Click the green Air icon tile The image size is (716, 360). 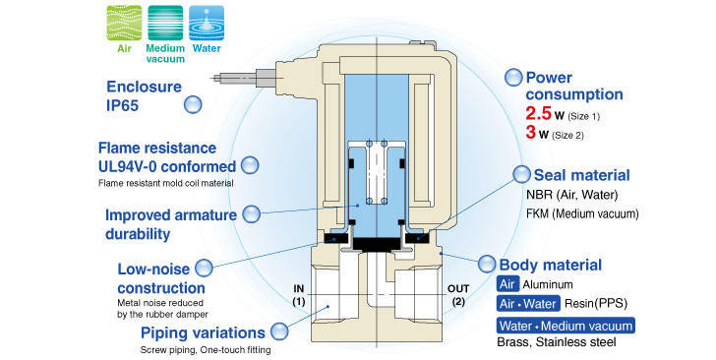pyautogui.click(x=124, y=24)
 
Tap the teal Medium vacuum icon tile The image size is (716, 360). pyautogui.click(x=165, y=24)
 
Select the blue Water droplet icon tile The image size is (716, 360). pyautogui.click(x=207, y=24)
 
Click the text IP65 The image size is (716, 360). pyautogui.click(x=122, y=105)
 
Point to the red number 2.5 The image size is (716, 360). pyautogui.click(x=538, y=113)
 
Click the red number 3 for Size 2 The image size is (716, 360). pyautogui.click(x=531, y=133)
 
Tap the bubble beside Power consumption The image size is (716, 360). pyautogui.click(x=513, y=77)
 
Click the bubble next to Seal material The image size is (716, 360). pyautogui.click(x=521, y=174)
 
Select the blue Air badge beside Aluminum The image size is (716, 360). pyautogui.click(x=507, y=284)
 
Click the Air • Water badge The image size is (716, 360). pyautogui.click(x=528, y=304)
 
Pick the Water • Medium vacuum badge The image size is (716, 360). pyautogui.click(x=566, y=326)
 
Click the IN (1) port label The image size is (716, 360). pyautogui.click(x=299, y=295)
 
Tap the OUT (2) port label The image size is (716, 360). pyautogui.click(x=458, y=295)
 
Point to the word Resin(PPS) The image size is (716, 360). pyautogui.click(x=596, y=304)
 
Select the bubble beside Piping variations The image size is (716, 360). pyautogui.click(x=279, y=331)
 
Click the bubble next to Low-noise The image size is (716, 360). pyautogui.click(x=204, y=268)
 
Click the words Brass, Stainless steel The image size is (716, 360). pyautogui.click(x=557, y=342)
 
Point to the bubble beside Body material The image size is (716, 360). pyautogui.click(x=486, y=264)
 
